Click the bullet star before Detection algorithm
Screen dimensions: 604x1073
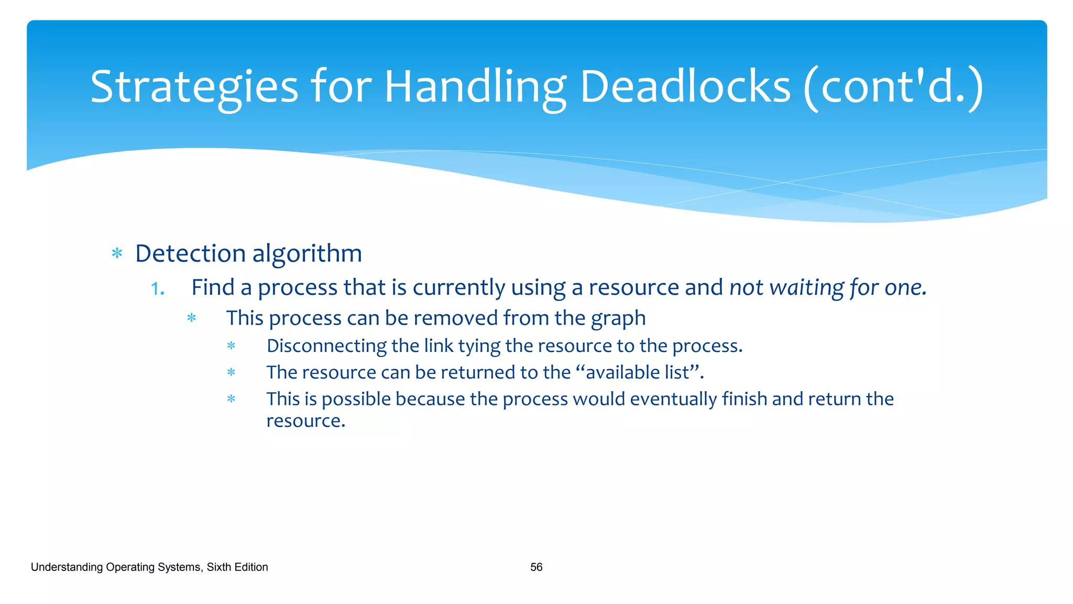(x=117, y=254)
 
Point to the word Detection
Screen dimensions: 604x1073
(x=190, y=253)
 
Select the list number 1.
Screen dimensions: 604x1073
(x=157, y=288)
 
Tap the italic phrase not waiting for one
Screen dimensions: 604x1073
(x=828, y=287)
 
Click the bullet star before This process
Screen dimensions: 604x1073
(x=192, y=318)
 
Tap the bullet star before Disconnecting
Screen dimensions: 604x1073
(x=231, y=346)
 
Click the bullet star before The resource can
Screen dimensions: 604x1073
(x=231, y=373)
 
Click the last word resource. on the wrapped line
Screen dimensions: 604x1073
(x=305, y=421)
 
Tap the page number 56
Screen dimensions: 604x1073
(x=536, y=567)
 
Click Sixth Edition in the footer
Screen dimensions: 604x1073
(x=237, y=567)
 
